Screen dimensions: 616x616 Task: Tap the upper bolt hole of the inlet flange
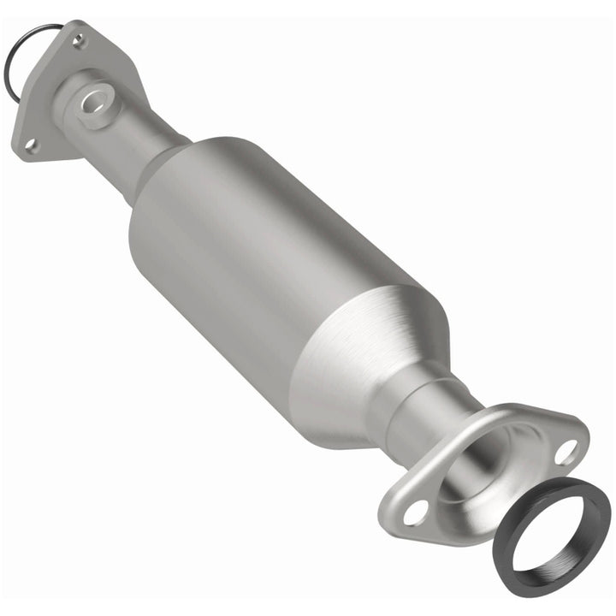pyautogui.click(x=79, y=39)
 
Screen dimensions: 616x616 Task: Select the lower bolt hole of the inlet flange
pyautogui.click(x=31, y=145)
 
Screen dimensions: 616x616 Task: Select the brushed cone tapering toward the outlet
pyautogui.click(x=376, y=342)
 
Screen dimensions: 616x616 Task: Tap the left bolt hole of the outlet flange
pyautogui.click(x=416, y=512)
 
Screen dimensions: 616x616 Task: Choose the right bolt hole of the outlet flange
pyautogui.click(x=565, y=451)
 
